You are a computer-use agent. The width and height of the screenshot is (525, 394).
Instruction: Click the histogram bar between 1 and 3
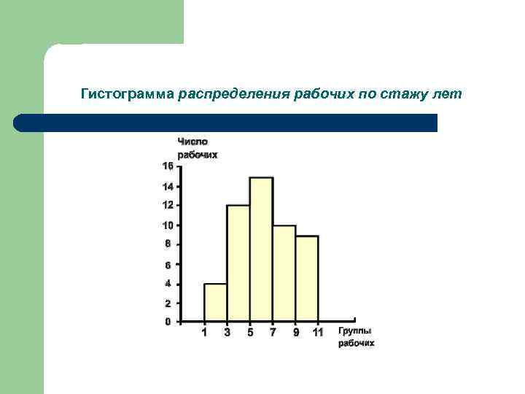pos(215,302)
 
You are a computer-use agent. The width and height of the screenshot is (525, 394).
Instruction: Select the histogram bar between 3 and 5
pos(238,263)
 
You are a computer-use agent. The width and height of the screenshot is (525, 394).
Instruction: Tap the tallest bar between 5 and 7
pos(261,249)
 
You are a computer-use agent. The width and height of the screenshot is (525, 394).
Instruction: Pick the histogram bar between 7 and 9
pos(284,273)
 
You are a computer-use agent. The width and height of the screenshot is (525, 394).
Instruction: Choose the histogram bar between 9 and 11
pos(307,278)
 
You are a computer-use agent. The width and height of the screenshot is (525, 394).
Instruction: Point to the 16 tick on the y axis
pos(168,166)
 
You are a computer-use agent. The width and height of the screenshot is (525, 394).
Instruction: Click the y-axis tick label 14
pos(168,187)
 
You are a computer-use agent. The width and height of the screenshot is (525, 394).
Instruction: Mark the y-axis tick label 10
pos(168,225)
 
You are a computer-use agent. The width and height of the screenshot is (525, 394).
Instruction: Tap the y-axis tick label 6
pos(168,265)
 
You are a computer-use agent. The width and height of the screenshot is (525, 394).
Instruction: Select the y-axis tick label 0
pos(168,322)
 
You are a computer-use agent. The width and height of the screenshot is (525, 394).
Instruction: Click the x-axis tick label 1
pos(204,333)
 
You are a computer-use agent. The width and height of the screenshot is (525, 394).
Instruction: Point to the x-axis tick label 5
pos(250,333)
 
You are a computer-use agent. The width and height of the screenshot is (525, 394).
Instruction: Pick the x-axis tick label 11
pos(318,333)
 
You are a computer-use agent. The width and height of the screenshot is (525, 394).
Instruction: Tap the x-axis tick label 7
pos(273,333)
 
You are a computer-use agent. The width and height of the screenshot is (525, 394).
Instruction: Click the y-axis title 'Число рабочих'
pos(198,148)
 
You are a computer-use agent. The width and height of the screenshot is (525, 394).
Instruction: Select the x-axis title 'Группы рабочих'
pos(356,336)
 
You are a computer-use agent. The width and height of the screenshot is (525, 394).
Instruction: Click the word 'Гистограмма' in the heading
pos(127,95)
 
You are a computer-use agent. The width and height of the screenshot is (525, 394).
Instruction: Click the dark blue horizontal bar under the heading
pos(226,123)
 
